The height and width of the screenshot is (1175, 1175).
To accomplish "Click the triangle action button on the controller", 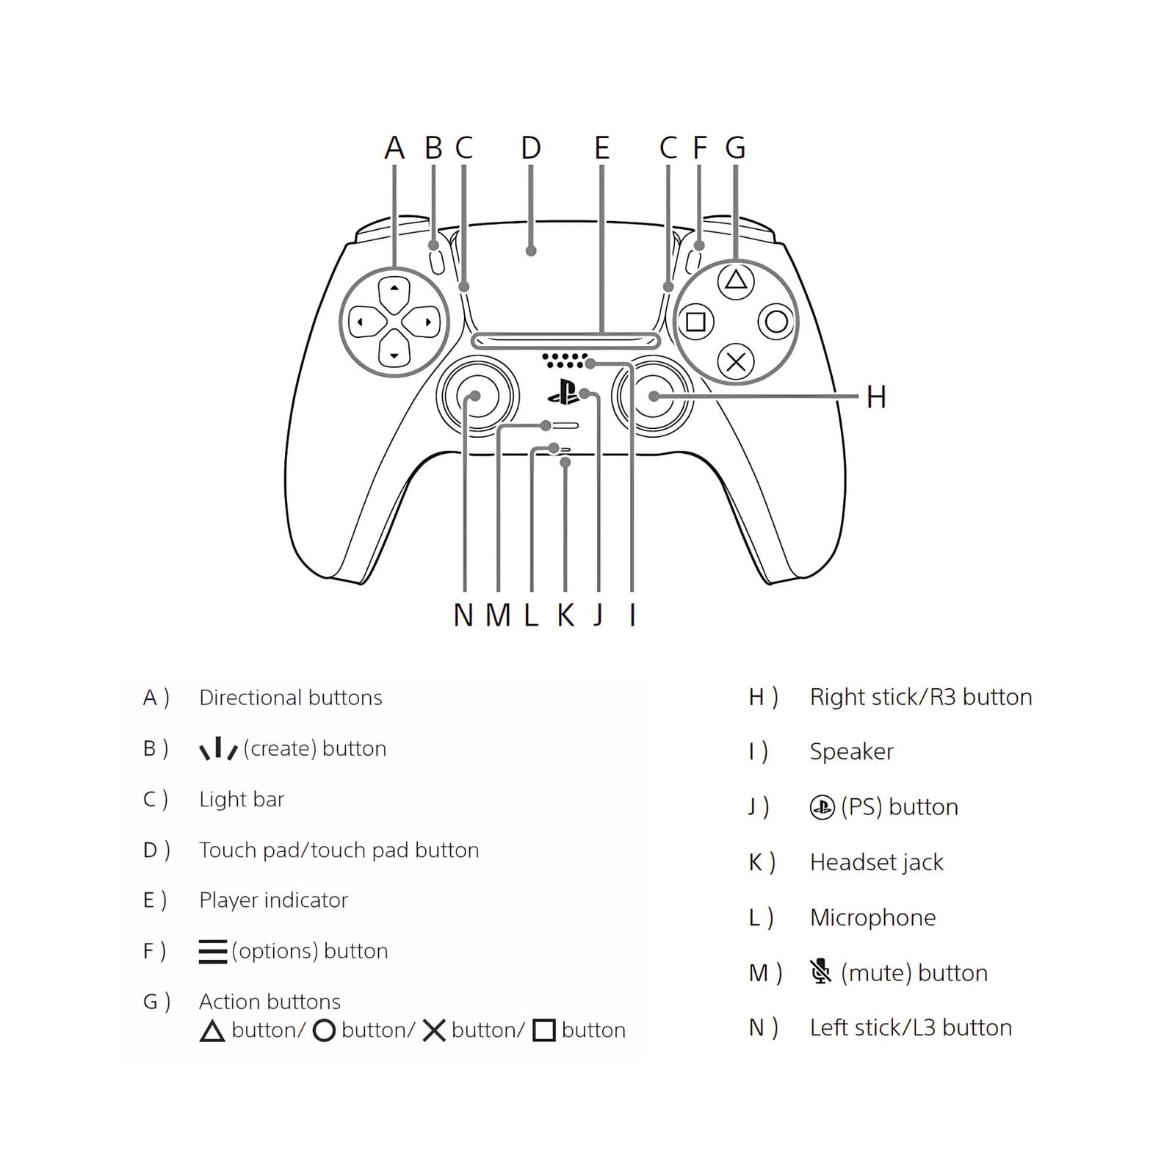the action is click(x=736, y=280).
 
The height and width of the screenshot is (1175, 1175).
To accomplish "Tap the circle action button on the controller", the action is click(x=777, y=321).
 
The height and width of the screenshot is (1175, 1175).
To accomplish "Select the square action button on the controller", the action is click(x=695, y=322).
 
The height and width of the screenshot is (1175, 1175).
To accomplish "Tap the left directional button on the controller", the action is click(x=365, y=322).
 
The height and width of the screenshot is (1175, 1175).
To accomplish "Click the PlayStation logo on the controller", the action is click(x=563, y=392).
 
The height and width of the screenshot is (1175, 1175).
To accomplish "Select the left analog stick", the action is click(x=477, y=397).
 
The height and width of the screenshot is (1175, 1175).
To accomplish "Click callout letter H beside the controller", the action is click(x=876, y=397).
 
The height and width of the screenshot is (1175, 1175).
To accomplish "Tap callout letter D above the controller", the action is click(x=531, y=148).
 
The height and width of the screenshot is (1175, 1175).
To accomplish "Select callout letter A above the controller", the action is click(x=394, y=148).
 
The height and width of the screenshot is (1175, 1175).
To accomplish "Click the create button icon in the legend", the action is click(x=219, y=748).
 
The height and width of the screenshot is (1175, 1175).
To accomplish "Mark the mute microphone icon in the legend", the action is click(x=821, y=971).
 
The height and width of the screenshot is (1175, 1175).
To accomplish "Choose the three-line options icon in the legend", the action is click(x=213, y=952).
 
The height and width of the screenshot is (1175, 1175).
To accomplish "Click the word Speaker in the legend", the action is click(x=852, y=752).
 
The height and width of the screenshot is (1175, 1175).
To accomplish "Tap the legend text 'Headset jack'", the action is click(x=877, y=862).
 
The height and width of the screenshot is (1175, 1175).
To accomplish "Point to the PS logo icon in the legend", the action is click(x=822, y=808).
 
